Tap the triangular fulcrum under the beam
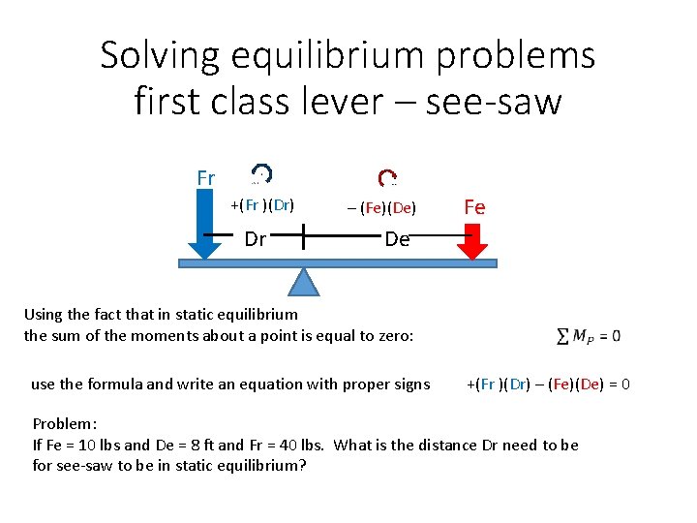coord(305,281)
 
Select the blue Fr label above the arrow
coord(205,178)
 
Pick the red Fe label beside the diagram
coord(474,207)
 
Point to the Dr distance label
coord(256,238)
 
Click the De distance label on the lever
coord(397,238)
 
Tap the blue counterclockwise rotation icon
coord(261,174)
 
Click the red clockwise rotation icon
coord(387,177)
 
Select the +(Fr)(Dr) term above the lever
coord(262,204)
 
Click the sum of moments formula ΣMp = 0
coord(589,336)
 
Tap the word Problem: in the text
coord(63,424)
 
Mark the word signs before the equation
coord(410,384)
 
